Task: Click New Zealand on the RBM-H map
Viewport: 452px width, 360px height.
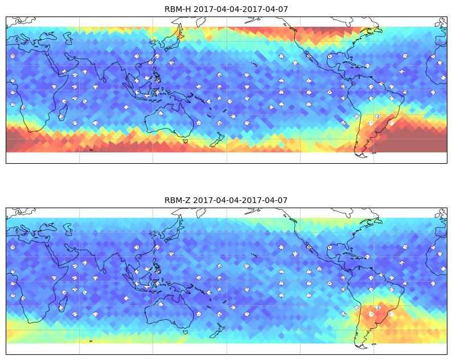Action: [x=217, y=140]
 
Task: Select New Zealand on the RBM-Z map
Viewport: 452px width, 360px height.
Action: [x=217, y=331]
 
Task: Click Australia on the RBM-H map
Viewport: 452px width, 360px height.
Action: [x=170, y=121]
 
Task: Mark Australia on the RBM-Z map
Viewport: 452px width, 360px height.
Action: [x=170, y=312]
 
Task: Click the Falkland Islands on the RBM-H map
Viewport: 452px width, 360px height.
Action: [x=373, y=153]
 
